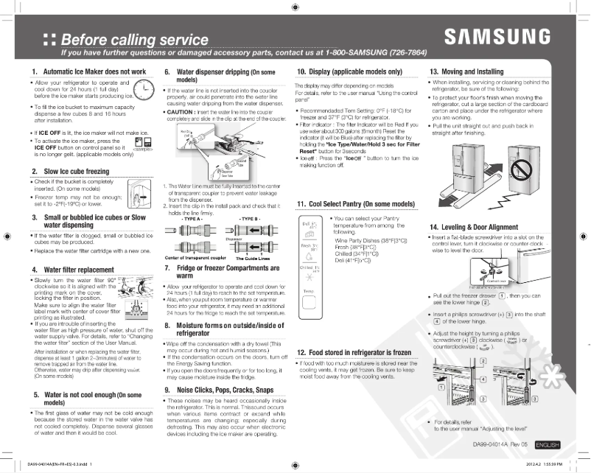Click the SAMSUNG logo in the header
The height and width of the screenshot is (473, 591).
pyautogui.click(x=497, y=37)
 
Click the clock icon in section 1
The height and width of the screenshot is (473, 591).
pyautogui.click(x=139, y=91)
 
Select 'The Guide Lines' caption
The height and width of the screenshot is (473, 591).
pyautogui.click(x=252, y=259)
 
